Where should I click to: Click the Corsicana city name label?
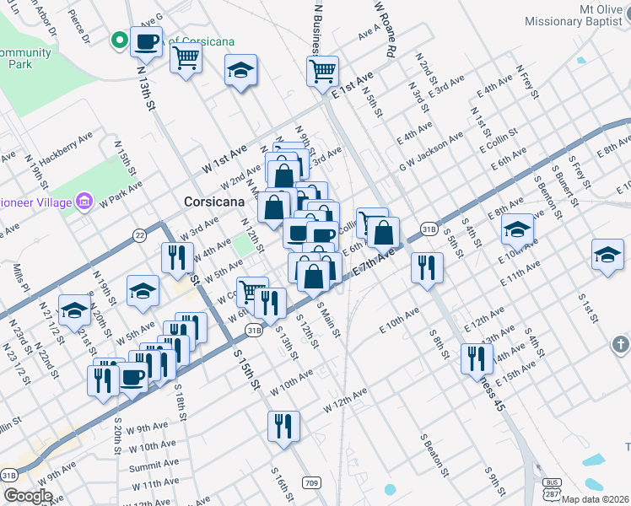pyautogui.click(x=214, y=202)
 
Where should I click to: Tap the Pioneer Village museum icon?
pyautogui.click(x=84, y=202)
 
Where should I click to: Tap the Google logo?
pyautogui.click(x=28, y=496)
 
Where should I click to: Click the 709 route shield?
pyautogui.click(x=312, y=483)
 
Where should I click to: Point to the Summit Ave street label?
pyautogui.click(x=154, y=465)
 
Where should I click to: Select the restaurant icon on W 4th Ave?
pyautogui.click(x=177, y=257)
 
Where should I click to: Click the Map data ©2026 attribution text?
pyautogui.click(x=596, y=499)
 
